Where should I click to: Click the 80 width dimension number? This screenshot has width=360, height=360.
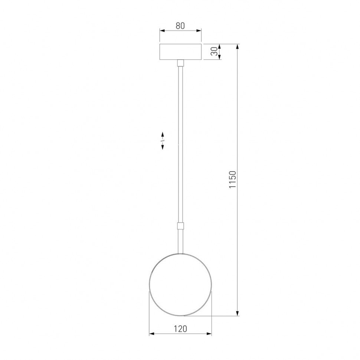pyautogui.click(x=180, y=26)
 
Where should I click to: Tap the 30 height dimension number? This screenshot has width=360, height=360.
pyautogui.click(x=214, y=52)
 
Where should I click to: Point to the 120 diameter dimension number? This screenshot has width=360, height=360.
pyautogui.click(x=180, y=328)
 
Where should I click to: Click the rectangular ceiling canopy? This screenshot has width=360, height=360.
pyautogui.click(x=180, y=52)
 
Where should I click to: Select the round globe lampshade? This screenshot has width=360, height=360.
pyautogui.click(x=180, y=285)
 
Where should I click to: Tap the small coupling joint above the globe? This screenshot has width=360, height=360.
pyautogui.click(x=180, y=226)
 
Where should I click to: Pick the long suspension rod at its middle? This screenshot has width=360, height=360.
pyautogui.click(x=180, y=145)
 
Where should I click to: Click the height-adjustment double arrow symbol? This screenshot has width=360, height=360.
pyautogui.click(x=163, y=141)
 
